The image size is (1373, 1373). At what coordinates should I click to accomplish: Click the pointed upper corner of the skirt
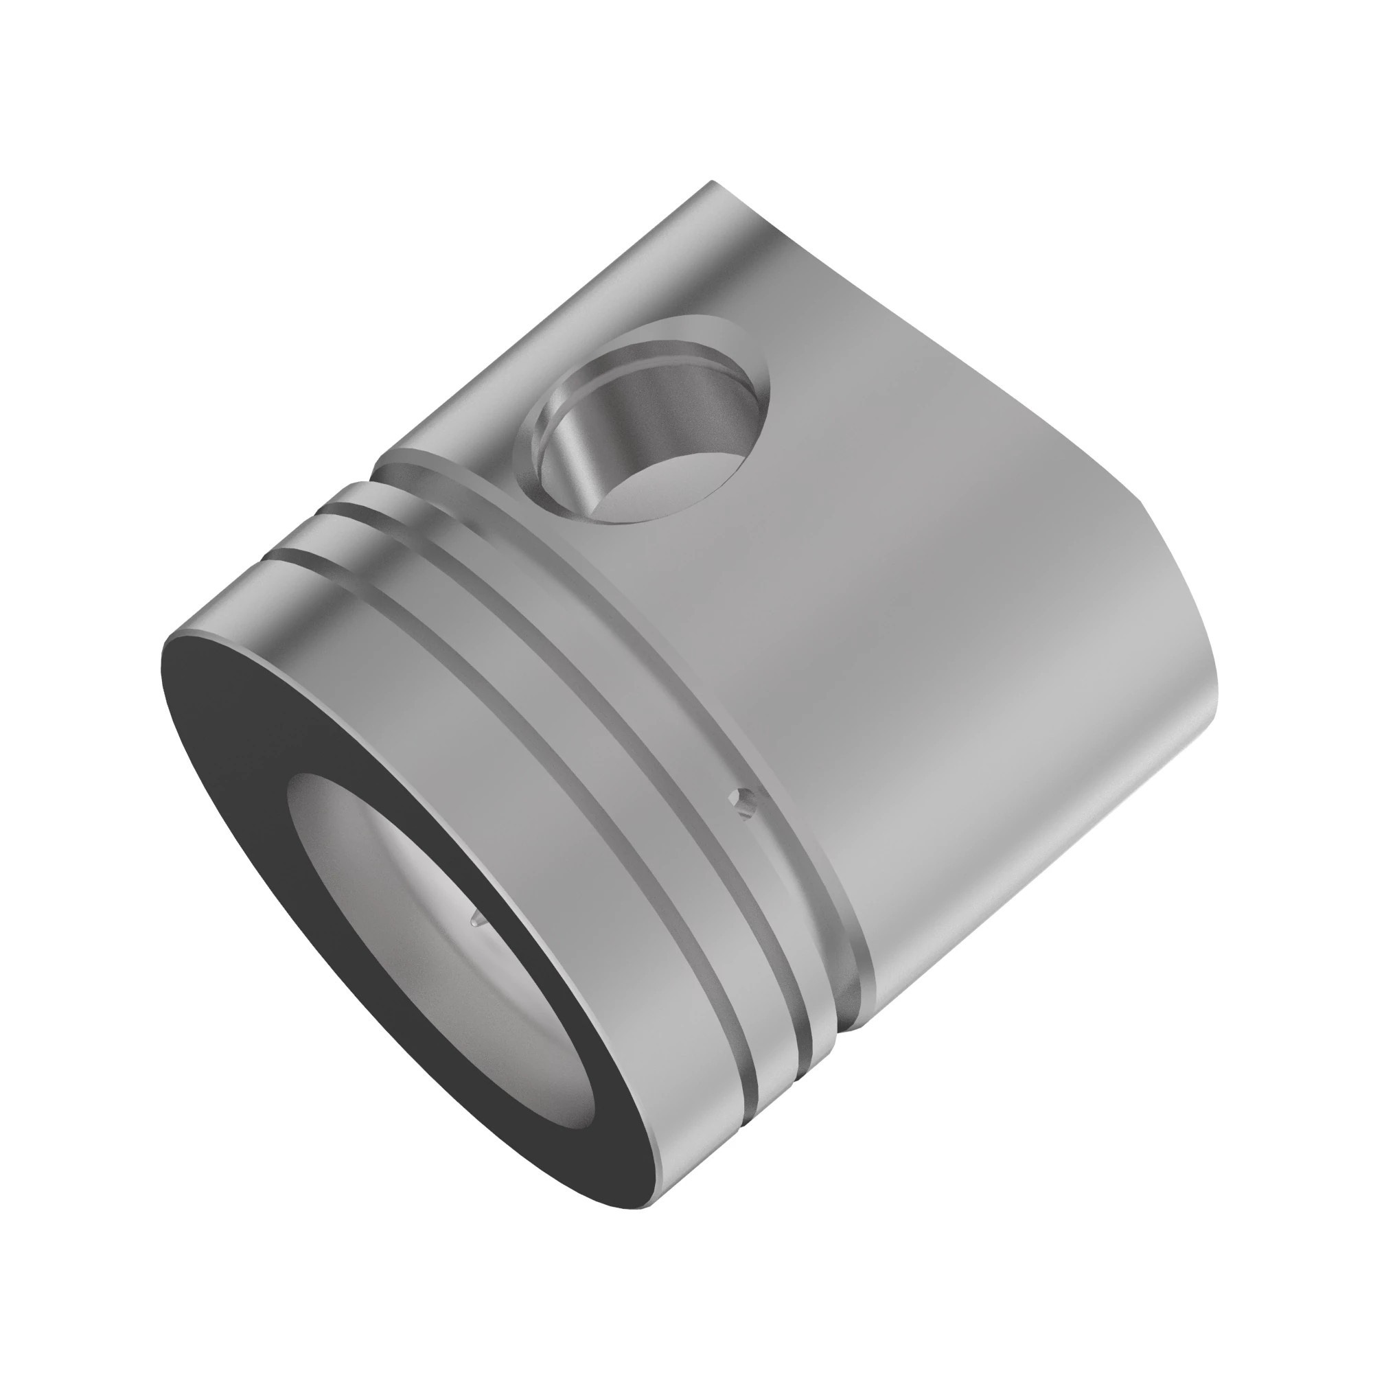[711, 183]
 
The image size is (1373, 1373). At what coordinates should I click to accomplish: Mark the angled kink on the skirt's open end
[1146, 506]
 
